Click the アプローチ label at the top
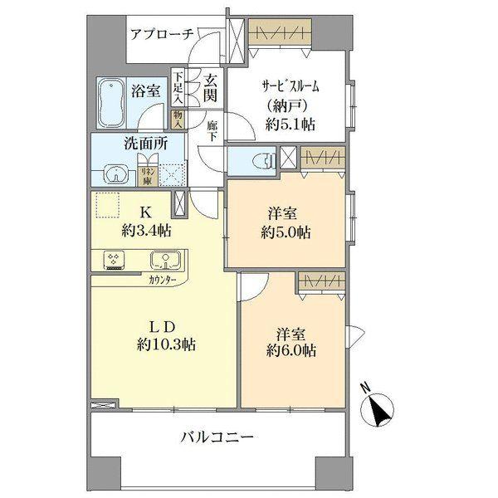(x=162, y=34)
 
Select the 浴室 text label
(x=146, y=90)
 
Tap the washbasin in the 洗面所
(x=115, y=173)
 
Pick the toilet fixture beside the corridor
(x=264, y=161)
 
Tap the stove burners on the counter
(x=113, y=261)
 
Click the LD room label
(x=164, y=325)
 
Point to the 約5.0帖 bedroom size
(x=284, y=233)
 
